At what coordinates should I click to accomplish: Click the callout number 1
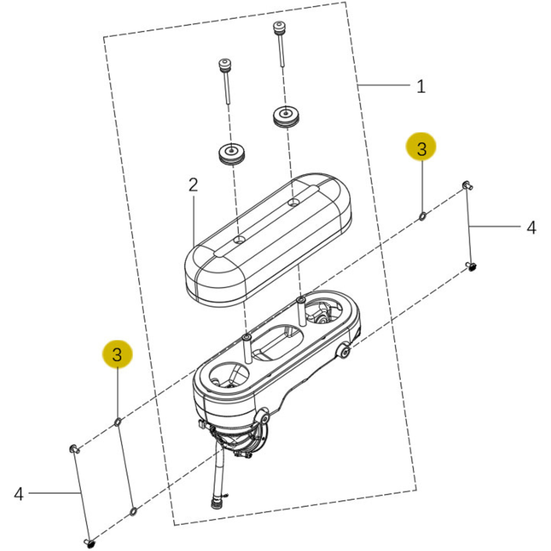click(421, 87)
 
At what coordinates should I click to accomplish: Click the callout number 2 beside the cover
click(193, 185)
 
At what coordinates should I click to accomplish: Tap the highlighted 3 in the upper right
click(421, 149)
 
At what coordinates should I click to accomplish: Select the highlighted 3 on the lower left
click(117, 354)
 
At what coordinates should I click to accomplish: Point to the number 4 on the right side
click(531, 228)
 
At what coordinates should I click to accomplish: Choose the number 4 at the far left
click(18, 494)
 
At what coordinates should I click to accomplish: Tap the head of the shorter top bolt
click(225, 64)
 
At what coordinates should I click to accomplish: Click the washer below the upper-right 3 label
click(422, 216)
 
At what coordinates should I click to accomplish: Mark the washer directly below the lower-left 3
click(118, 422)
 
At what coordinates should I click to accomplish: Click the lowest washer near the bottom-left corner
click(133, 511)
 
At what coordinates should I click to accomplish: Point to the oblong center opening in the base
click(278, 343)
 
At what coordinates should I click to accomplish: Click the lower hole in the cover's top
click(239, 239)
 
